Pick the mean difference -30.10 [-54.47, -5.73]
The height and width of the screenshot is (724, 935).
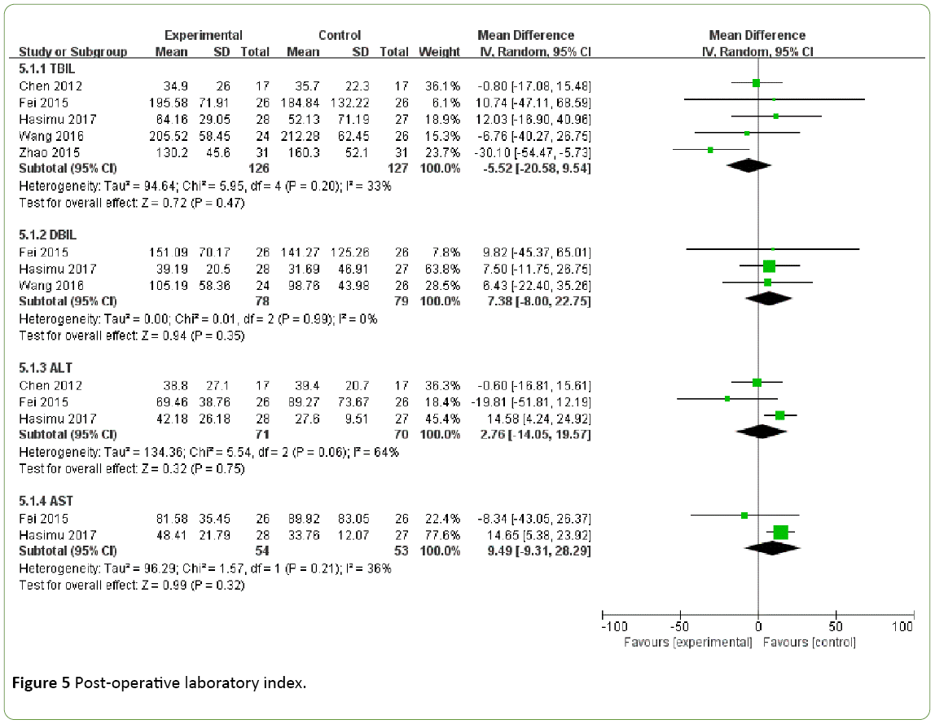tap(532, 151)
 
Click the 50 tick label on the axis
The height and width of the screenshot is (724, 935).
tap(835, 628)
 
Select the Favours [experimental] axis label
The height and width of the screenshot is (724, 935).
tap(688, 643)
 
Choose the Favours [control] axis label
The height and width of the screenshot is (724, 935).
tap(810, 643)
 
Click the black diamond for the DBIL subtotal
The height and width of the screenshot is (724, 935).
tap(769, 298)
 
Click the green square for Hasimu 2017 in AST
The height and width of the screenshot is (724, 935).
tap(780, 533)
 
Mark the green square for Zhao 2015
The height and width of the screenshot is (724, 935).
tap(710, 150)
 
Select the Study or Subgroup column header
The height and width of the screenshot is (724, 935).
tap(73, 51)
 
